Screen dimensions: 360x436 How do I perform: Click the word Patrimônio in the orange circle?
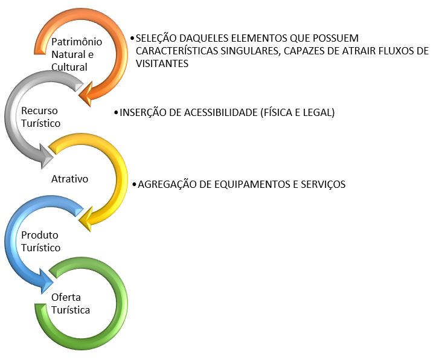click(77, 42)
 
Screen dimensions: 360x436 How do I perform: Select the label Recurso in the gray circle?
click(39, 111)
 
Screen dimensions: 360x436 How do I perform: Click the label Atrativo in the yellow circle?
click(70, 179)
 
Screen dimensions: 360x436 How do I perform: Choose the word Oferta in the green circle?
click(66, 298)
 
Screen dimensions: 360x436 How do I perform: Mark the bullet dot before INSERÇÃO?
click(116, 113)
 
